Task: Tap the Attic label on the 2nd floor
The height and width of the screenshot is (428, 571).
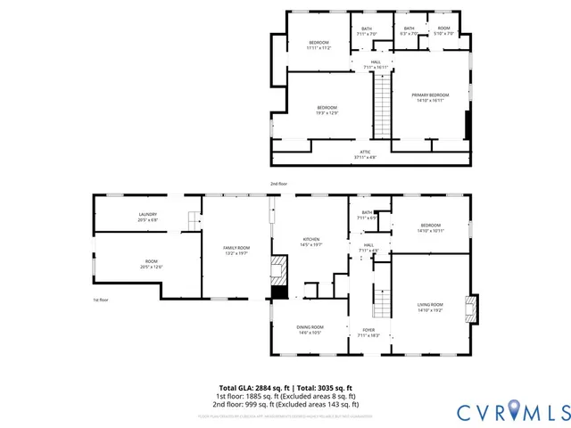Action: pos(365,154)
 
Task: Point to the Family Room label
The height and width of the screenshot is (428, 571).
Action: pos(236,250)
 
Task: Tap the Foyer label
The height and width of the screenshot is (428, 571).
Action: pos(368,332)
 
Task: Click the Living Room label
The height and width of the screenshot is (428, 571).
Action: pos(430,308)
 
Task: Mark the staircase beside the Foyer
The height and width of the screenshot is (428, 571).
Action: pos(381,303)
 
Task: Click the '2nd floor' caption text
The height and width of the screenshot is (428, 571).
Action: pos(279,184)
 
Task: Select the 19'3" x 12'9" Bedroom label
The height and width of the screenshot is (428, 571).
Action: pos(327,110)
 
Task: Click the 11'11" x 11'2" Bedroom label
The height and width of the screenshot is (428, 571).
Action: pos(319,45)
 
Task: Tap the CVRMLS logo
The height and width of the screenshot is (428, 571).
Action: pos(512,411)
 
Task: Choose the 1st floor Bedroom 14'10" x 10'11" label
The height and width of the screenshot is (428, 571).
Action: pos(430,227)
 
